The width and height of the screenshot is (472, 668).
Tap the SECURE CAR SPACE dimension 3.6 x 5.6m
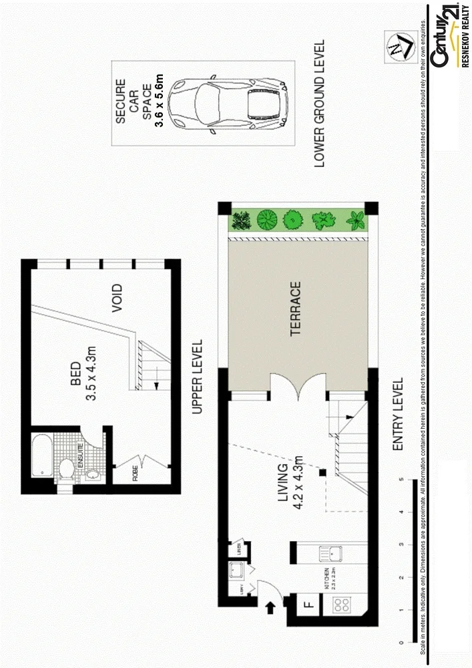(158, 103)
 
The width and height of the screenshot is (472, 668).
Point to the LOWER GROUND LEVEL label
(318, 103)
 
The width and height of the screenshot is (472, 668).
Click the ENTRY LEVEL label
(398, 414)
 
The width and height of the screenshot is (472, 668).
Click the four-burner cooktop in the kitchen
(342, 605)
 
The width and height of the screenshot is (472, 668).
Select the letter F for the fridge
(308, 605)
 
